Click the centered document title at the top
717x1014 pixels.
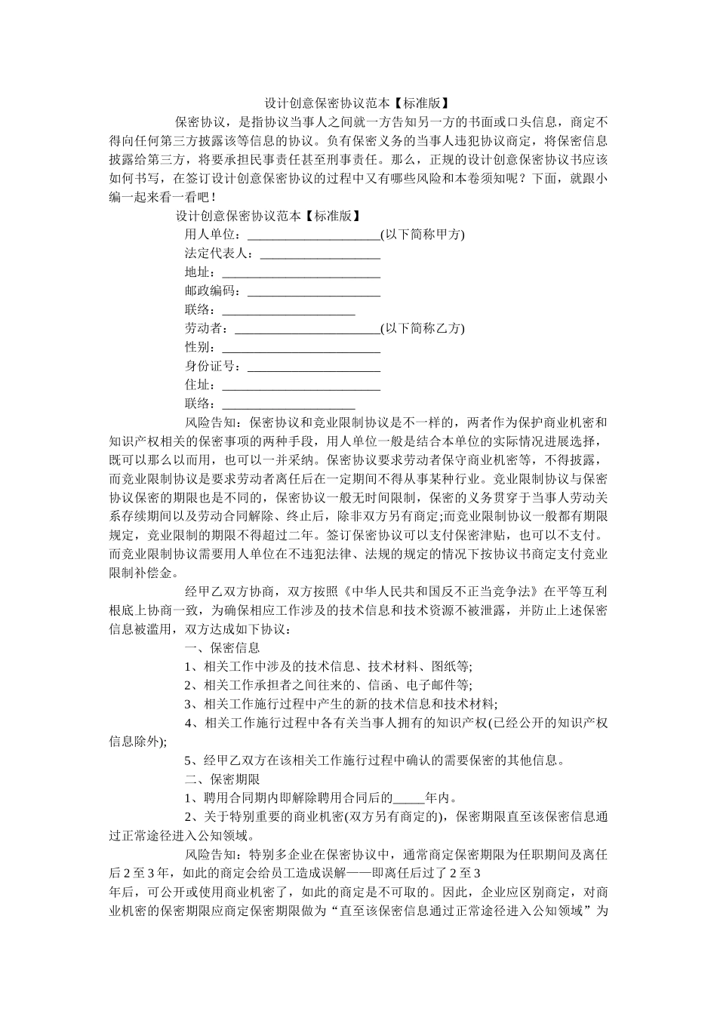[x=358, y=103]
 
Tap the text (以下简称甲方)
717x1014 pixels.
[x=423, y=234]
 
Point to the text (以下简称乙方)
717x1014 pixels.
[x=423, y=328]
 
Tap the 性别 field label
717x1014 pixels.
[x=199, y=348]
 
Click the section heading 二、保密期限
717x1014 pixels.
[x=223, y=779]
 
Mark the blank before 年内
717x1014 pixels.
[x=409, y=798]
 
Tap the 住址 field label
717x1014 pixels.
[x=199, y=386]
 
